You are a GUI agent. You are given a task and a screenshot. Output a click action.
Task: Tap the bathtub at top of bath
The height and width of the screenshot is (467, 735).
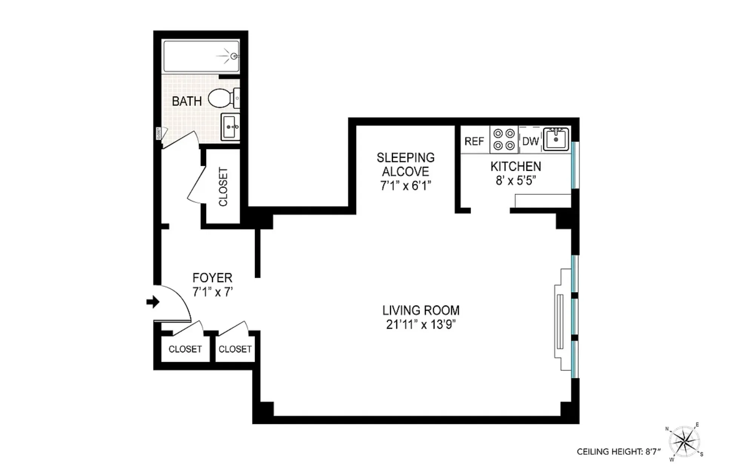[201, 57]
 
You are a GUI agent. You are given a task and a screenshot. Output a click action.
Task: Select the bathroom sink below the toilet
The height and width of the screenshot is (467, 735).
[230, 127]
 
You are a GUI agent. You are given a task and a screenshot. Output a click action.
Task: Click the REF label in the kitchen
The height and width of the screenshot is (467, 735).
[474, 141]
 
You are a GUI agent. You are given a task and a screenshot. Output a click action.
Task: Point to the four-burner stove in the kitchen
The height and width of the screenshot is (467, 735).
[504, 139]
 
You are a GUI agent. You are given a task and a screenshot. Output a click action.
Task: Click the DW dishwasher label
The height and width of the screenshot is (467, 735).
[530, 141]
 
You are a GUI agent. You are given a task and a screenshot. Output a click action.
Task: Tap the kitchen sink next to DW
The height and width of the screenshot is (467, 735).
[556, 139]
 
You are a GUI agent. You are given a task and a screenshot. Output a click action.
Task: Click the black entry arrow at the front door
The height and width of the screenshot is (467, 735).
[153, 302]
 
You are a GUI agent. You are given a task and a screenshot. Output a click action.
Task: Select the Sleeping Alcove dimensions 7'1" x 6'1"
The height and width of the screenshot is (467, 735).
[406, 186]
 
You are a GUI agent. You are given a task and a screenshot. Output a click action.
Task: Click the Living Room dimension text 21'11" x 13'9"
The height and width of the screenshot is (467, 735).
[421, 325]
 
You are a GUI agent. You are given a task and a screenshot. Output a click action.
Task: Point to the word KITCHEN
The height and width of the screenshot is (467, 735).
[515, 166]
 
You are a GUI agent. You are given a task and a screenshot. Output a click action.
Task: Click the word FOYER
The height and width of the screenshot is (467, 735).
[212, 278]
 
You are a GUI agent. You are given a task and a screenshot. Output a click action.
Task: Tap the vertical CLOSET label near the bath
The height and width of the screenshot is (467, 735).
[223, 187]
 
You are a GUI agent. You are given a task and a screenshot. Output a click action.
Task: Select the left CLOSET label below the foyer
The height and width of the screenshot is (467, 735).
[185, 349]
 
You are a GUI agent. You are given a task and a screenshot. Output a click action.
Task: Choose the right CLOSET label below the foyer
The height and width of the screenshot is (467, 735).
[235, 349]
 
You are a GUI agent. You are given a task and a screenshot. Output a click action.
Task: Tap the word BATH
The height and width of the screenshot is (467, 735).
[187, 101]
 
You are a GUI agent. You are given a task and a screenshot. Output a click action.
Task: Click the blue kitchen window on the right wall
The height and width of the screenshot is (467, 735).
[574, 165]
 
